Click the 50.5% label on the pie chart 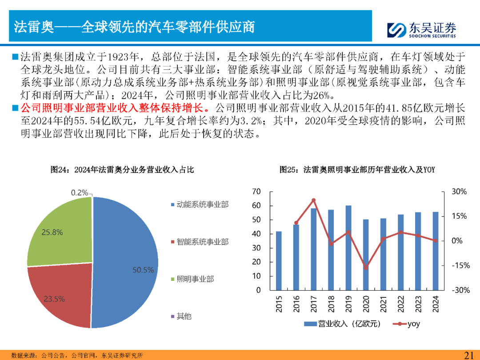(143, 270)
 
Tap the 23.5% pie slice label (54, 299)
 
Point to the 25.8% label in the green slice (52, 232)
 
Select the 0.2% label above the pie (79, 192)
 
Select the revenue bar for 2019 (348, 248)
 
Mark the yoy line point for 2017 (314, 200)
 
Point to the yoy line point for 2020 (366, 268)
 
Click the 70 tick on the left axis (256, 192)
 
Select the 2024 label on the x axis (436, 304)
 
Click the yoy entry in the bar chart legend (408, 324)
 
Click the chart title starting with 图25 (357, 169)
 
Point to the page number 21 (468, 355)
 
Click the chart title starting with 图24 (122, 169)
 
